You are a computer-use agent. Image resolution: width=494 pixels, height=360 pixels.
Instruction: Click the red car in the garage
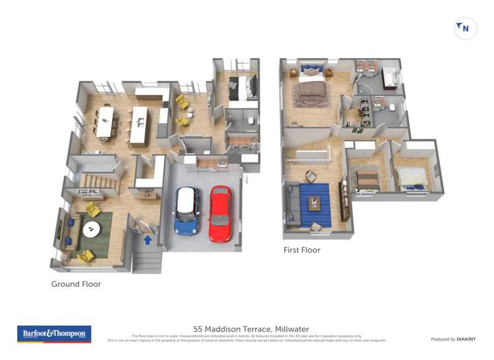tap(220, 214)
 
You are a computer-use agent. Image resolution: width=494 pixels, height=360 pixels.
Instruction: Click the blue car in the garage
tap(187, 211)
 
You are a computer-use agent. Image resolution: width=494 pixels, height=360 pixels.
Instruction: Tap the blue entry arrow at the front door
tap(148, 240)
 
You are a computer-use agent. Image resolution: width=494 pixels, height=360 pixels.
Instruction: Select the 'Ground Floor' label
tap(76, 284)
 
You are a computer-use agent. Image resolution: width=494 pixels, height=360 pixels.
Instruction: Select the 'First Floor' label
tap(302, 250)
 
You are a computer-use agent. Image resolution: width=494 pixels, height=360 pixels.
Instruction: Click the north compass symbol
tap(466, 28)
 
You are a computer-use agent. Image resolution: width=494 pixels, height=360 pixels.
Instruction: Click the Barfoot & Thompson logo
tap(54, 334)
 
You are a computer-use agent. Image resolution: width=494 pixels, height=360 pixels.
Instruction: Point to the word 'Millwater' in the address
tap(291, 329)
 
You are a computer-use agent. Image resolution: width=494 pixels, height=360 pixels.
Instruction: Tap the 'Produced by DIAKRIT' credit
tap(453, 339)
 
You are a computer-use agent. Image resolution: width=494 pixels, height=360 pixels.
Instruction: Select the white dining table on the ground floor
tap(105, 122)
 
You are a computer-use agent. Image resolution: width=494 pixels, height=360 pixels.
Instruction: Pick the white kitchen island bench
tap(139, 126)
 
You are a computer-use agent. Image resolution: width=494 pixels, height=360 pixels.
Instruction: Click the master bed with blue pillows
tap(308, 84)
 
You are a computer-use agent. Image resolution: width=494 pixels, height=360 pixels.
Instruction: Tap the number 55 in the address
tap(198, 329)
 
